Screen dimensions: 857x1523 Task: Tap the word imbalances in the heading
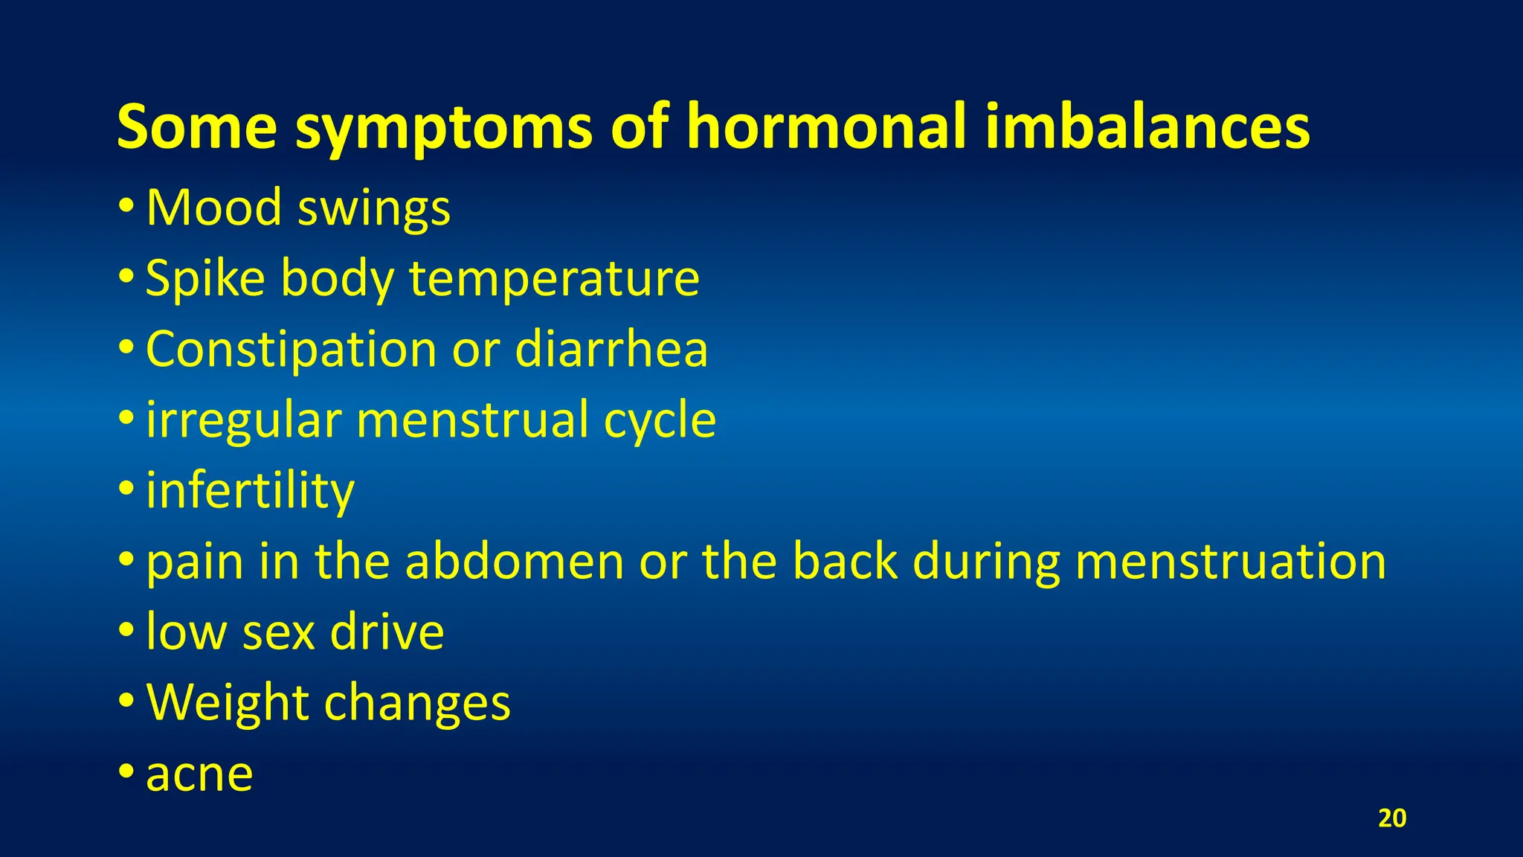pos(1147,126)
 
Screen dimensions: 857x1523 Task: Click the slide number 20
pos(1392,818)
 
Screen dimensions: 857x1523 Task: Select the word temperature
pos(554,280)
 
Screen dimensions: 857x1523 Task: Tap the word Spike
pos(205,278)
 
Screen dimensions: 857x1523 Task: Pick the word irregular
pos(243,421)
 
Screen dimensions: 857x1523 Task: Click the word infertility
pos(250,492)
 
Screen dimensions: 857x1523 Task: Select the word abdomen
pos(515,561)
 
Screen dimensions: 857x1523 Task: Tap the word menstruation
pos(1231,561)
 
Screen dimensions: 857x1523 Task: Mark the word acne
pos(199,774)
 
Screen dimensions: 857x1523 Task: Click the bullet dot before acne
pos(126,771)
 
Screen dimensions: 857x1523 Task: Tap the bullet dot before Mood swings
pos(126,205)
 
